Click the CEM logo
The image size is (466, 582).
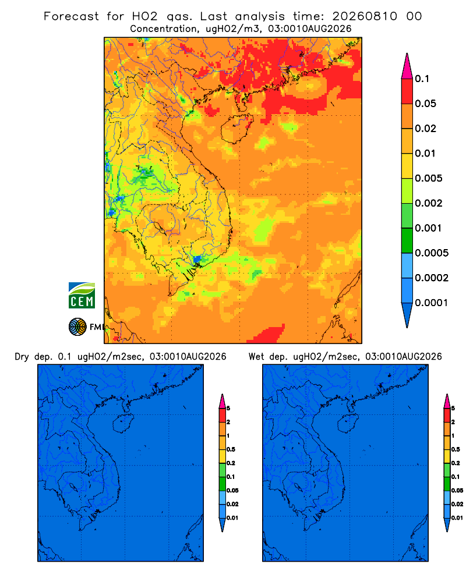[x=82, y=296]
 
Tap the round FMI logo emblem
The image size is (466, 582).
[x=77, y=327]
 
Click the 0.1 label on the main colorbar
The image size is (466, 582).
[x=422, y=79]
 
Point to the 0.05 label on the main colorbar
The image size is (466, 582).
[x=425, y=104]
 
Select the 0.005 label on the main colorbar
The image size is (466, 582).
[x=429, y=178]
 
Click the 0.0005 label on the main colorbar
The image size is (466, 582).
[x=432, y=253]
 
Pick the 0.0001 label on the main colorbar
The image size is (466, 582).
[x=432, y=303]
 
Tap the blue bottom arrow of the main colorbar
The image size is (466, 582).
[x=407, y=315]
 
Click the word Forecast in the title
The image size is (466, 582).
[x=71, y=16]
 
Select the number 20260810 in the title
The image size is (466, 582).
[x=365, y=16]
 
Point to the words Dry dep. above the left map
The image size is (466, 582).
[x=33, y=357]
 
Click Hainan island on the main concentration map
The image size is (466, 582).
[x=236, y=129]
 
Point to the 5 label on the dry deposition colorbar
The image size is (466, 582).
[x=228, y=409]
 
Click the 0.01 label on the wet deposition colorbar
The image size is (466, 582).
[x=457, y=518]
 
